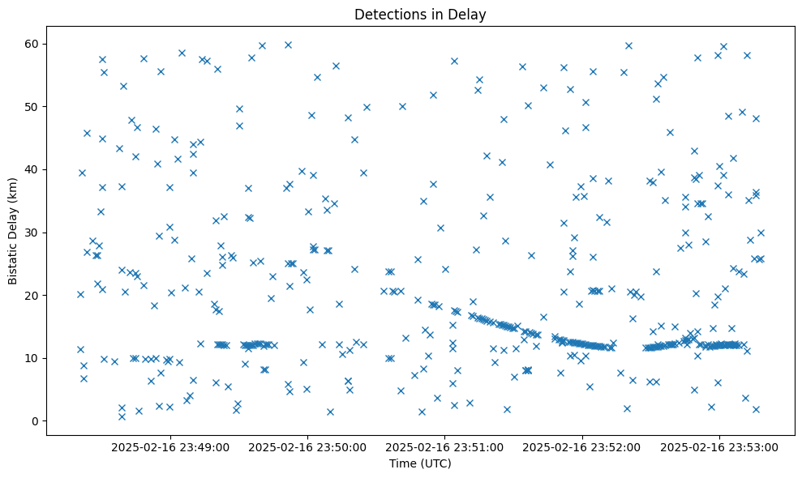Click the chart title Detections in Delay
point(420,14)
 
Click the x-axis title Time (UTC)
point(420,464)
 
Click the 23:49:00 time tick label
point(170,446)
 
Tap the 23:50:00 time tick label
point(308,446)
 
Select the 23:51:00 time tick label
point(445,446)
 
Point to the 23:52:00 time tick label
point(582,446)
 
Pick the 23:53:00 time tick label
point(720,446)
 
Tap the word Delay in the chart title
point(470,14)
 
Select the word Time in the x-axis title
point(403,464)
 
